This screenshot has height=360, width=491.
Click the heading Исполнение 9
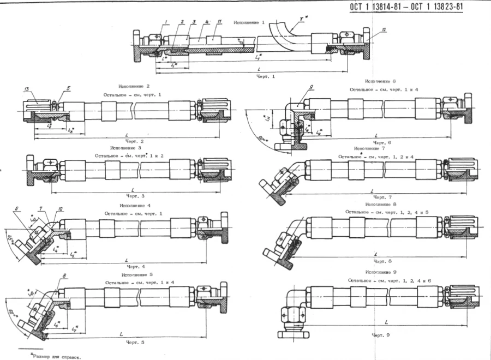pos(376,271)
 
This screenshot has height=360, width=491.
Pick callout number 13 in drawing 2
pos(26,88)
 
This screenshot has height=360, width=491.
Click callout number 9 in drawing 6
pos(310,87)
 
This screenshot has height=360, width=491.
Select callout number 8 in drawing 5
pos(65,276)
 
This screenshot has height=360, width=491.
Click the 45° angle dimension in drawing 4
pos(9,241)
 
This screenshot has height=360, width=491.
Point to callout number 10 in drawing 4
pos(60,209)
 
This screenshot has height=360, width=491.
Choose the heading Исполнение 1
pos(249,22)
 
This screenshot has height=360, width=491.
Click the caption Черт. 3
pos(135,196)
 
